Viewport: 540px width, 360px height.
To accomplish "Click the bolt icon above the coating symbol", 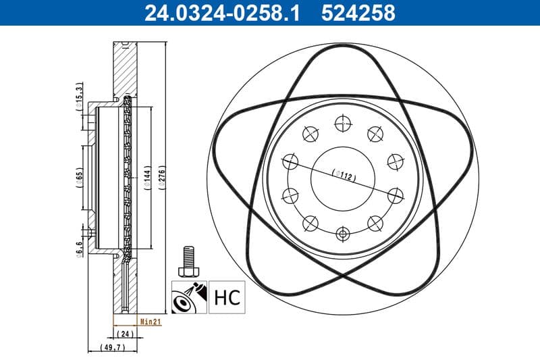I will coord(188,260).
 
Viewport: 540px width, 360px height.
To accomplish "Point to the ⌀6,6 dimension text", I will coord(79,249).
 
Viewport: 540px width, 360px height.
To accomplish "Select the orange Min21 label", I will coord(149,322).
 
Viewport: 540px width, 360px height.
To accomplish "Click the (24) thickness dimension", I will coord(124,334).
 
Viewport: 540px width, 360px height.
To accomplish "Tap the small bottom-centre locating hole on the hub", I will coord(343,234).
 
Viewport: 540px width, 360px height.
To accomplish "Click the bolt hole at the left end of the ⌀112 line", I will coord(290,162).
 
